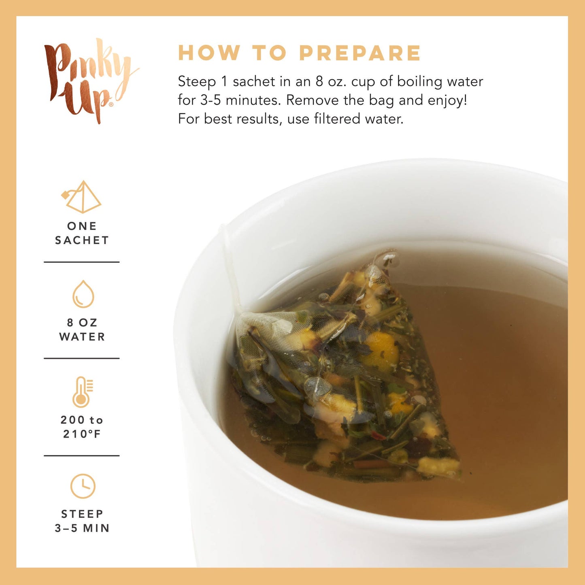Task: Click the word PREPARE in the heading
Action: (x=360, y=53)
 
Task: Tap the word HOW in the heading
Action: (x=209, y=53)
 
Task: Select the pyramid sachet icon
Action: (x=82, y=197)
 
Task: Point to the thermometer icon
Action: (x=82, y=391)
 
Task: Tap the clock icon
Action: (x=83, y=486)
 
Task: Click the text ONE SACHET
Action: (x=82, y=233)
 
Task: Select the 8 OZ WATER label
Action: (x=82, y=330)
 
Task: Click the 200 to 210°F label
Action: (x=82, y=427)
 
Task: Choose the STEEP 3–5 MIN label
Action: (x=82, y=521)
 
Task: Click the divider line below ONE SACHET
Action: (x=82, y=262)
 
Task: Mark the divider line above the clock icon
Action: (x=82, y=455)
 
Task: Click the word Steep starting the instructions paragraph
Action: (x=197, y=82)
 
